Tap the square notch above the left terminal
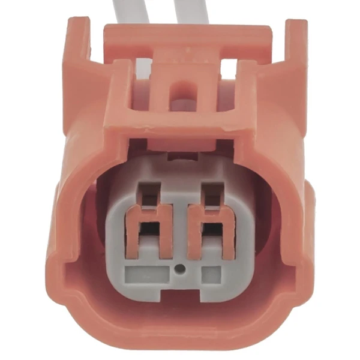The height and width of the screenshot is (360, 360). coord(147,191)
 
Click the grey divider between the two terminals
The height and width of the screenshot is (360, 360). coord(179,234)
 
